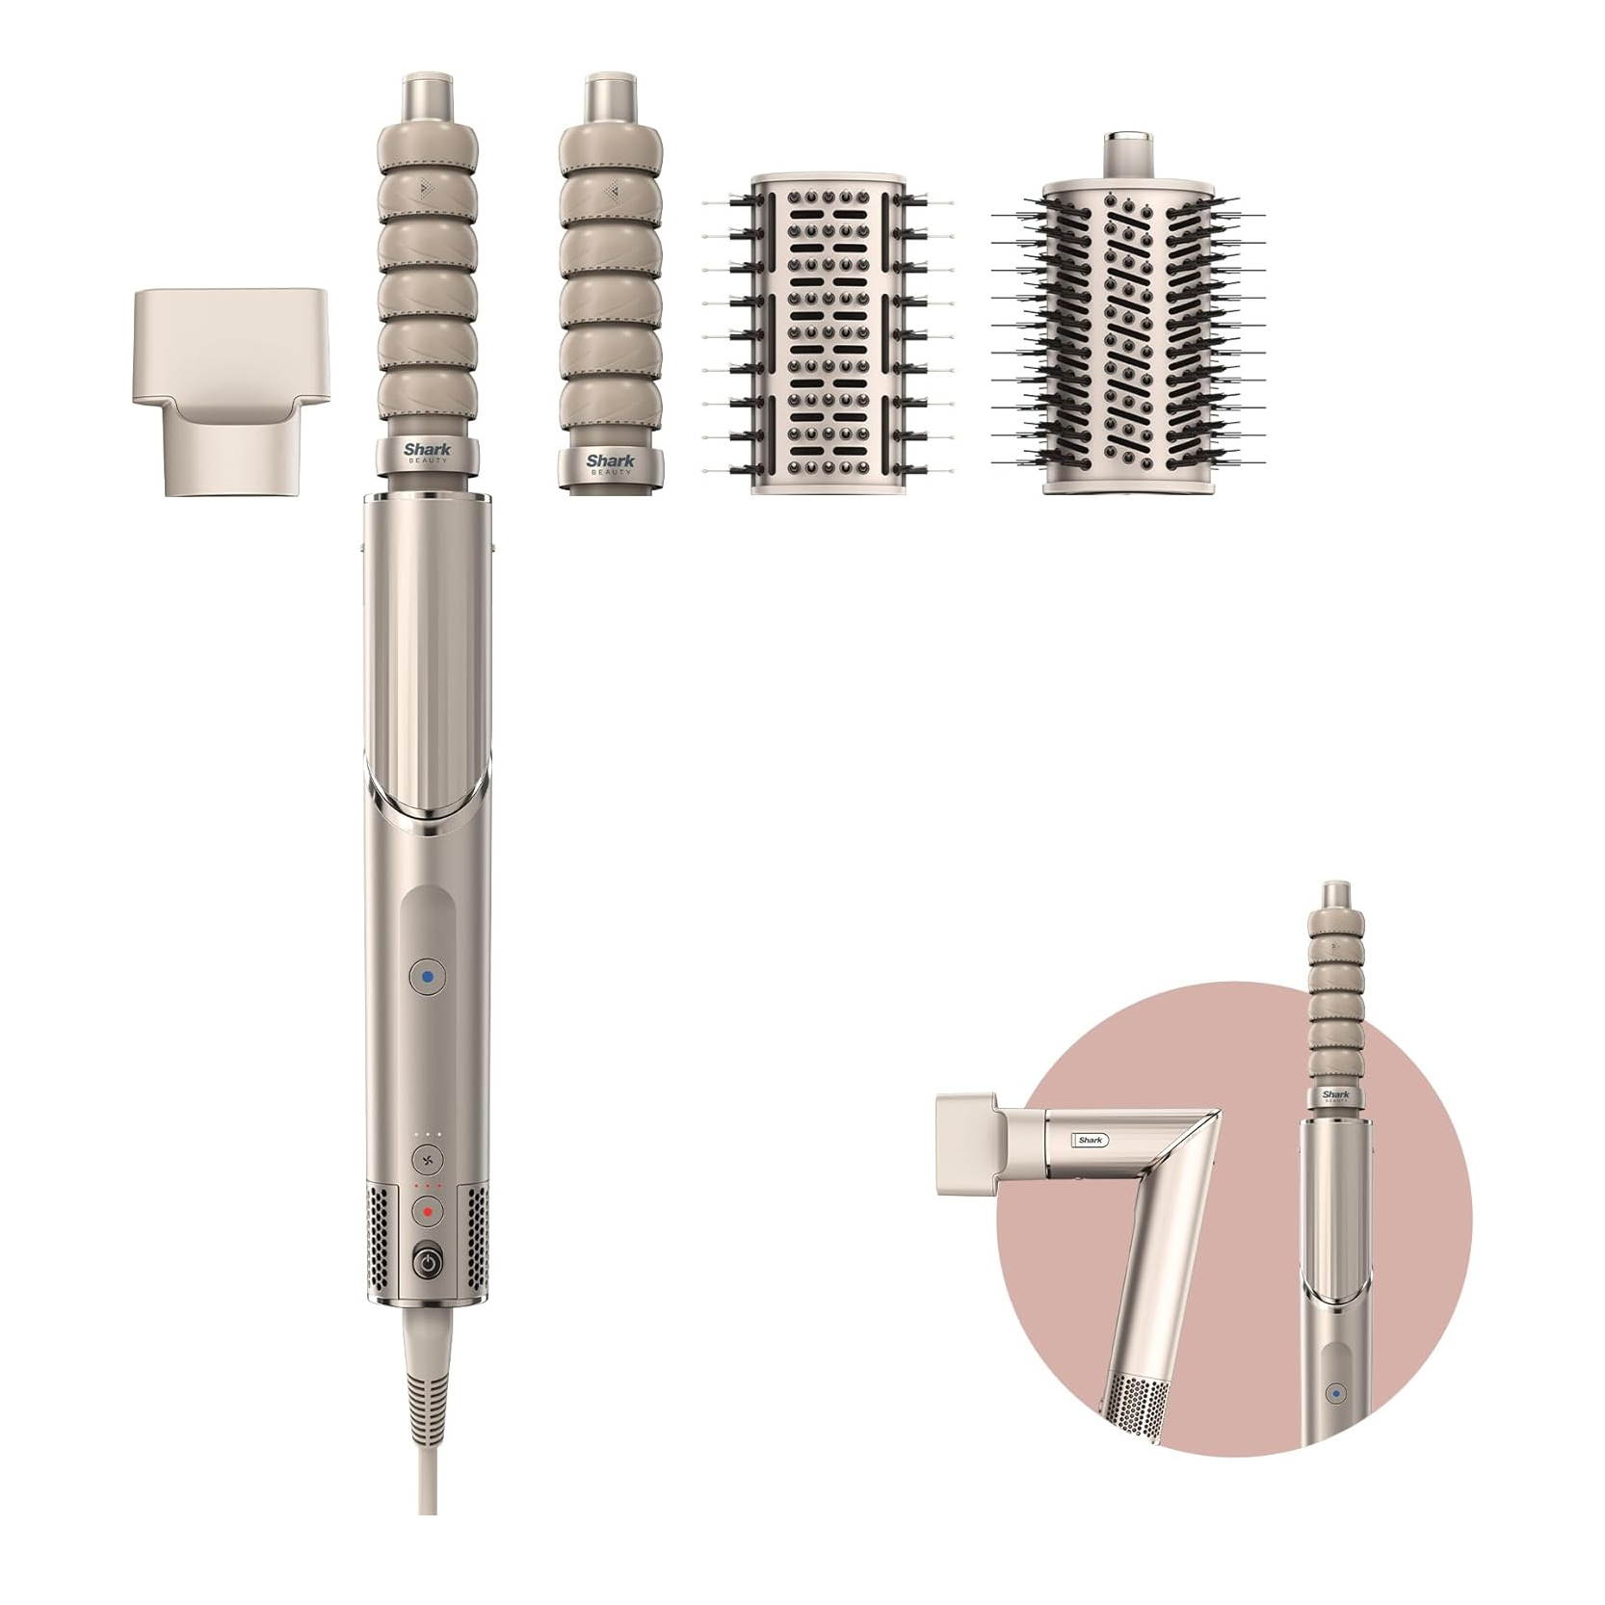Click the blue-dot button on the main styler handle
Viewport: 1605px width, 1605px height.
[x=428, y=977]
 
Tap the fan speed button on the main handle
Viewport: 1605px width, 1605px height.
[x=427, y=1160]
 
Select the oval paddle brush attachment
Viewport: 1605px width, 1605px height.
[x=828, y=335]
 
